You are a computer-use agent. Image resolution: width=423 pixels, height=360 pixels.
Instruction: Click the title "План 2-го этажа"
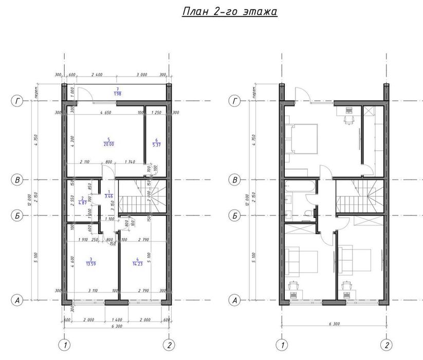(x=230, y=12)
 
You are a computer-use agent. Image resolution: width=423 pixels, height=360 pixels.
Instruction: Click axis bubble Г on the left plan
(x=18, y=101)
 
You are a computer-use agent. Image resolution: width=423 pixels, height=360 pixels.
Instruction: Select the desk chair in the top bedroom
(x=348, y=118)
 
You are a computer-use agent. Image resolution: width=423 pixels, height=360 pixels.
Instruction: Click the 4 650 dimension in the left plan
(x=107, y=112)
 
